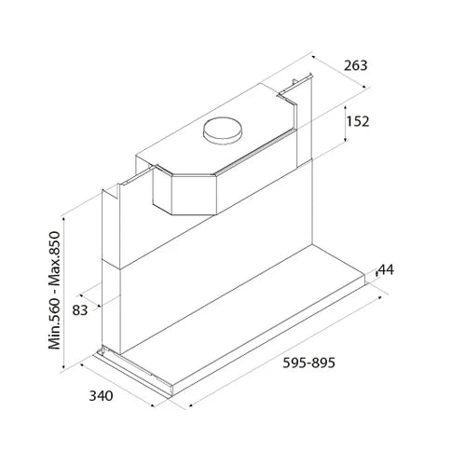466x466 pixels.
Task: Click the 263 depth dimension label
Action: [355, 65]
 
